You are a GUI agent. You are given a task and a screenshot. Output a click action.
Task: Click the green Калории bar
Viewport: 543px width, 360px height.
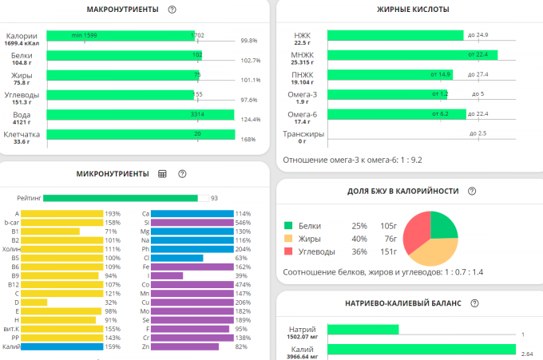(120, 35)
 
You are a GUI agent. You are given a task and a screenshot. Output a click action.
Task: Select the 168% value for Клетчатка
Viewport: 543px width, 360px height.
(248, 140)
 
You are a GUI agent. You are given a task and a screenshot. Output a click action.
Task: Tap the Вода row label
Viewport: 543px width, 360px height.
(22, 115)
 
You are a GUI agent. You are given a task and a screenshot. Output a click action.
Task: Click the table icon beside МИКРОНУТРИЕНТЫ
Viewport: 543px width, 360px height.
(162, 173)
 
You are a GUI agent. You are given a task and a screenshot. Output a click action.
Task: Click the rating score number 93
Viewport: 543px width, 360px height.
(214, 198)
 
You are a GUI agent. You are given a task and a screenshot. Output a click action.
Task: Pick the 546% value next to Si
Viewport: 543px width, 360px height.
(244, 224)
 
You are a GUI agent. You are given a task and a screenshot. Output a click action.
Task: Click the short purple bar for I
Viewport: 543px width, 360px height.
(166, 275)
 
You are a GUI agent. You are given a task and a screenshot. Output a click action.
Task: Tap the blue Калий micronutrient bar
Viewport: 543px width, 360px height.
(61, 346)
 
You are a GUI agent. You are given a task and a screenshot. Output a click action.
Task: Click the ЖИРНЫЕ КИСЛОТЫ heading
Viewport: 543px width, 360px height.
(412, 10)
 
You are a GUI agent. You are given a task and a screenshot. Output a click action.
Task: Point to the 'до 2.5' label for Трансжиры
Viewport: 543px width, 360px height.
(478, 133)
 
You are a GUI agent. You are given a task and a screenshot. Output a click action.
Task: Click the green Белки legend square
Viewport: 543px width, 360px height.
(288, 226)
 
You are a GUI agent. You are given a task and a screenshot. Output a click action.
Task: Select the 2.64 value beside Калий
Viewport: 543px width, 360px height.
(526, 353)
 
